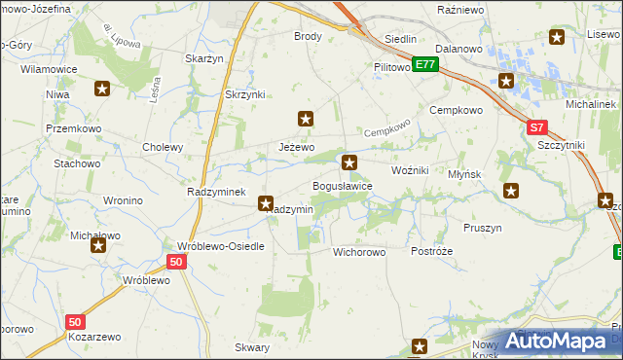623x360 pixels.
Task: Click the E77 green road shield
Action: pos(423,65)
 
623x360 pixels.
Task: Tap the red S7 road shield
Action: pos(537,127)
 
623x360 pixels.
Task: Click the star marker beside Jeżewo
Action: pos(306,120)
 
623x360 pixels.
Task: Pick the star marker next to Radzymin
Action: pos(265,203)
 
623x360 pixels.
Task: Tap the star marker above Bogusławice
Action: pos(349,162)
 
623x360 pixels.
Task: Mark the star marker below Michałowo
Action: pos(98,246)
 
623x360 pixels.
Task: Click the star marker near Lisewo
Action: pos(557,38)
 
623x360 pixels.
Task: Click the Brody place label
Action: pos(308,36)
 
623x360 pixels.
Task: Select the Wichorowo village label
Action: pos(359,252)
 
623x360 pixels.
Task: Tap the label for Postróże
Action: pos(432,251)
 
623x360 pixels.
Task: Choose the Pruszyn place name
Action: pos(483,228)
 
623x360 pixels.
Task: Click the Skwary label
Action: pos(252,347)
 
